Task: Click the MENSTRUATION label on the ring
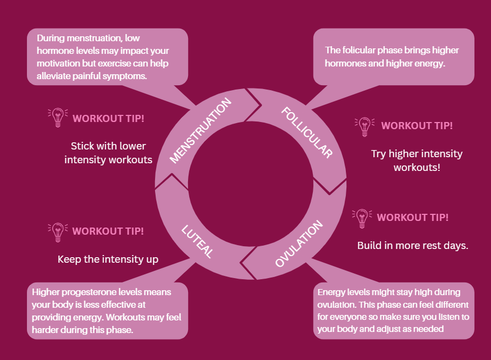(x=201, y=130)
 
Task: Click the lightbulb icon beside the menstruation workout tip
(x=57, y=118)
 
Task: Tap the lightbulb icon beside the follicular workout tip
(x=364, y=125)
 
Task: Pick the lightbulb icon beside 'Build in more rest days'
(x=361, y=217)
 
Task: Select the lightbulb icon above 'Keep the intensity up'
(x=57, y=231)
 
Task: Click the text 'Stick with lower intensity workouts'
(x=108, y=153)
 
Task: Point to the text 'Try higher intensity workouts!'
(x=417, y=160)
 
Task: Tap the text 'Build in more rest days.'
(x=412, y=245)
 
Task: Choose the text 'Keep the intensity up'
(x=108, y=259)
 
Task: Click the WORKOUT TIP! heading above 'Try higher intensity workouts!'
(x=417, y=125)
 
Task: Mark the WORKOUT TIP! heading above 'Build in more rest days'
(x=412, y=217)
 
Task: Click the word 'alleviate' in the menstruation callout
(x=55, y=76)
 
